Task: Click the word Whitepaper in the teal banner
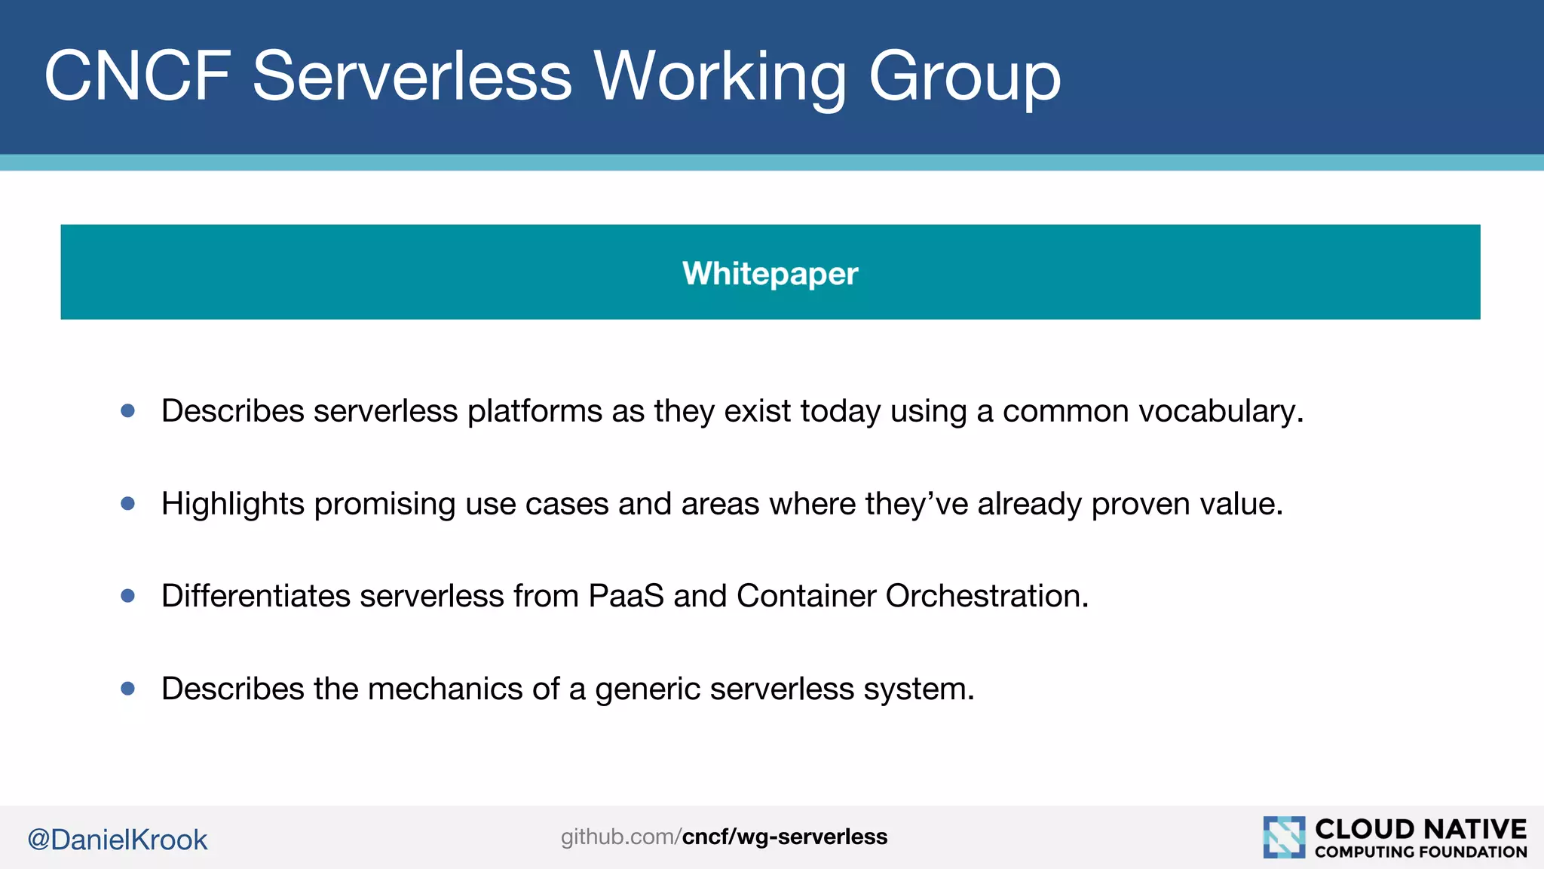770,273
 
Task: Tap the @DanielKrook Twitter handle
118,840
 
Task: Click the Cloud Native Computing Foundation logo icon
1284,837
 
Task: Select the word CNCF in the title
137,75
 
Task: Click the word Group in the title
964,75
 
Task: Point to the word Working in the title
720,75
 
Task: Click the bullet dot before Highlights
128,503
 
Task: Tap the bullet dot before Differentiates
128,596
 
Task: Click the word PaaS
626,596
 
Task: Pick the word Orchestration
986,596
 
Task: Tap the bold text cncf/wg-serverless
784,837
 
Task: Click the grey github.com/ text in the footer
620,837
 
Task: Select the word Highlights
232,504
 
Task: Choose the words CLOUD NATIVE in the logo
1420,828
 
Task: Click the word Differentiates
256,596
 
